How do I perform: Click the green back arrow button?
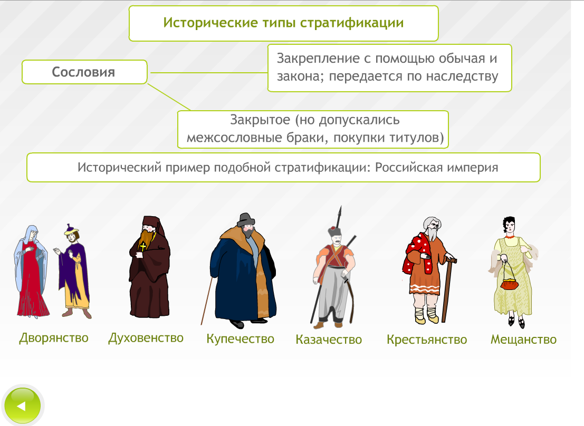pyautogui.click(x=22, y=405)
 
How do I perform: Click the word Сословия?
pyautogui.click(x=83, y=72)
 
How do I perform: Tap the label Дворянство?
pyautogui.click(x=54, y=338)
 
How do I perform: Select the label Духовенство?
pyautogui.click(x=146, y=338)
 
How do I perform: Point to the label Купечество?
pyautogui.click(x=240, y=339)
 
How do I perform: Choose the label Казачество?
pyautogui.click(x=329, y=339)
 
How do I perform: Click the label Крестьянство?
pyautogui.click(x=427, y=339)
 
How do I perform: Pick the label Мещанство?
pyautogui.click(x=524, y=339)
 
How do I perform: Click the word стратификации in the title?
pyautogui.click(x=352, y=23)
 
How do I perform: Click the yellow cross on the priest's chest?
pyautogui.click(x=142, y=246)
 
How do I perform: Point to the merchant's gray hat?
pyautogui.click(x=246, y=220)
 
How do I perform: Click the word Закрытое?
pyautogui.click(x=260, y=120)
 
